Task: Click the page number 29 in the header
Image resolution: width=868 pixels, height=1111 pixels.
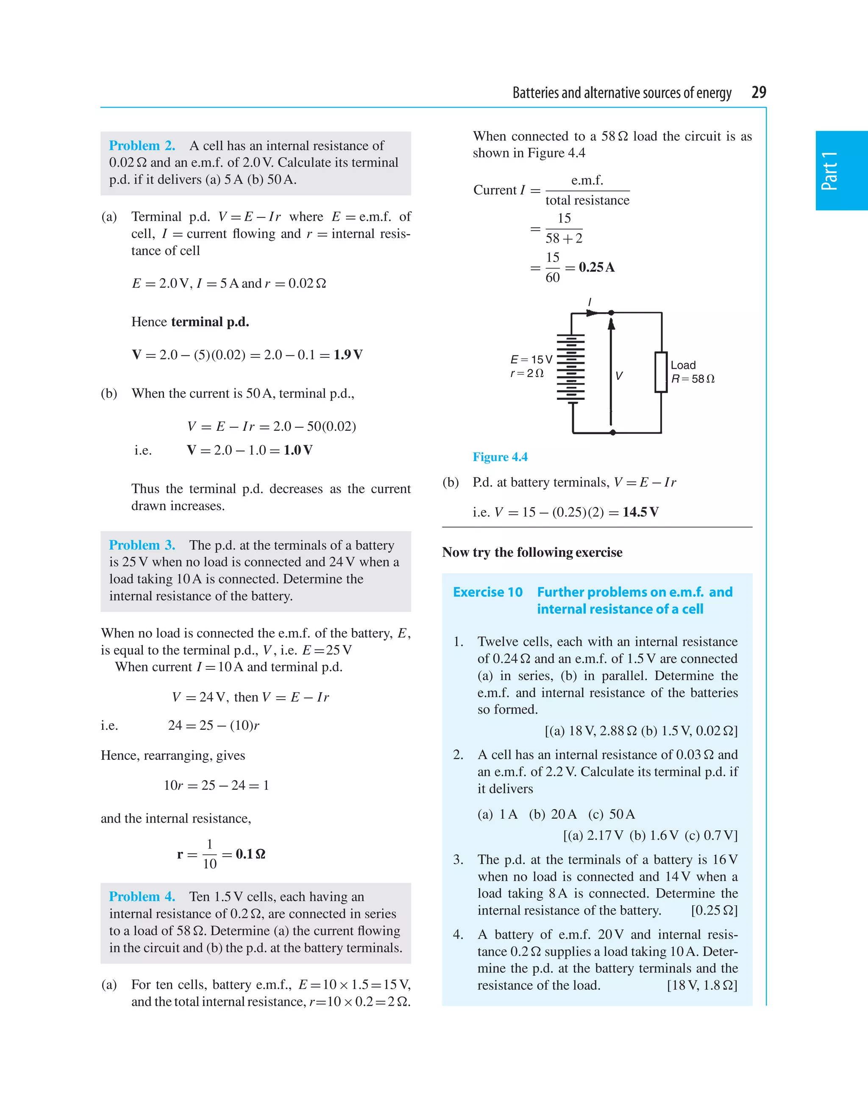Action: [x=758, y=92]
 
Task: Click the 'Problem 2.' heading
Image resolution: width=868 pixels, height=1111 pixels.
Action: [x=142, y=146]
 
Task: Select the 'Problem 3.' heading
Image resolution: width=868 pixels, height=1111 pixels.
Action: [x=142, y=545]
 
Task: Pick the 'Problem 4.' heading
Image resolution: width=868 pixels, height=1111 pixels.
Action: [x=142, y=897]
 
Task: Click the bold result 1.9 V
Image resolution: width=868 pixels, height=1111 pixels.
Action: [x=348, y=355]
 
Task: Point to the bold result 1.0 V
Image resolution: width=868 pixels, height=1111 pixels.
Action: [x=298, y=450]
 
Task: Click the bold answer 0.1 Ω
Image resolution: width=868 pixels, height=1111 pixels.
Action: [x=250, y=854]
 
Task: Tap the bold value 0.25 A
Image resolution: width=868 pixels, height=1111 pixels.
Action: [x=596, y=268]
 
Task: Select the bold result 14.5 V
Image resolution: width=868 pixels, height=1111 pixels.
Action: [x=640, y=512]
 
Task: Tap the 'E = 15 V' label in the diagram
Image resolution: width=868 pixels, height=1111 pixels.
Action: [x=531, y=360]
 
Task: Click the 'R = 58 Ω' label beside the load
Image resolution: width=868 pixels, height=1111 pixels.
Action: [x=693, y=379]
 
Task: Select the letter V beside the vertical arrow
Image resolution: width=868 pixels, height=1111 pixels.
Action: [x=619, y=376]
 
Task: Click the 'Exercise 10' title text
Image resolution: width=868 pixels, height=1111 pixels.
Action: [x=488, y=592]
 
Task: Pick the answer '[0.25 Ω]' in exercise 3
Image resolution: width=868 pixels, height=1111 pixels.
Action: [x=714, y=910]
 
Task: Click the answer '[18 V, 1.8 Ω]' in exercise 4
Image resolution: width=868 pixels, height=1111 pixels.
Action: [x=702, y=985]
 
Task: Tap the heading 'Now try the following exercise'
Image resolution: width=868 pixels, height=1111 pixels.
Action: [x=532, y=553]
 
